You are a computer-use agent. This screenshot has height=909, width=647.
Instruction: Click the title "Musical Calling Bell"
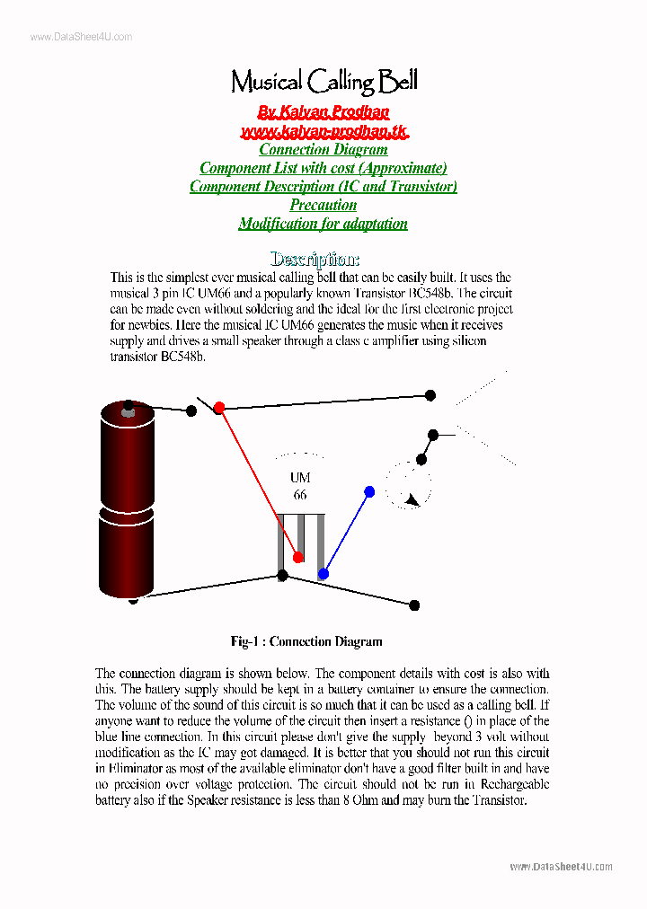coord(323,83)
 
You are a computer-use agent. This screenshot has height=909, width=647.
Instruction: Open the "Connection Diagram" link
coord(323,150)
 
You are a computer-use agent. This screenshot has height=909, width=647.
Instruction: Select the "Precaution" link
coord(323,205)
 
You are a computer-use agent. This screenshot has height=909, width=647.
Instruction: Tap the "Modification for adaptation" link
coord(323,224)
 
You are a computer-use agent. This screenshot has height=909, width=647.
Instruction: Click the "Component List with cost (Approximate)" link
coord(323,168)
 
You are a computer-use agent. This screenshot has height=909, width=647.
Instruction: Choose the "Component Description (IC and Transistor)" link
coord(323,187)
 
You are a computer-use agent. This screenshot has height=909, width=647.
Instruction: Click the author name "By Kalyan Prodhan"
coord(323,112)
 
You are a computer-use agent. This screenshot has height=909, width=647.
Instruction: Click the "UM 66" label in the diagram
coord(300,486)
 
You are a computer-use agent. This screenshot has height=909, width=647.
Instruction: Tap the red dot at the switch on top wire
coord(218,407)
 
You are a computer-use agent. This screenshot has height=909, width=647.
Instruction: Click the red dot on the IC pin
coord(298,557)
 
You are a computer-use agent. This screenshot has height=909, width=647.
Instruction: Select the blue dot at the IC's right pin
coord(323,573)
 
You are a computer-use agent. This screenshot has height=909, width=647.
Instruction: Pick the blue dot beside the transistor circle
coord(369,491)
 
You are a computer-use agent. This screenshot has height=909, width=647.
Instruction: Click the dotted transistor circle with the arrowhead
coord(409,486)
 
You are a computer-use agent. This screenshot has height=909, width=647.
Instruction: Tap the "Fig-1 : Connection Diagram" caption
coord(306,641)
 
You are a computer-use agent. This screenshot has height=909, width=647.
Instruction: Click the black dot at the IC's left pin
coord(282,575)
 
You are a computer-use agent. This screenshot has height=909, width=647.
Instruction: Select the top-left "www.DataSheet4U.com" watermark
coord(81,37)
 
